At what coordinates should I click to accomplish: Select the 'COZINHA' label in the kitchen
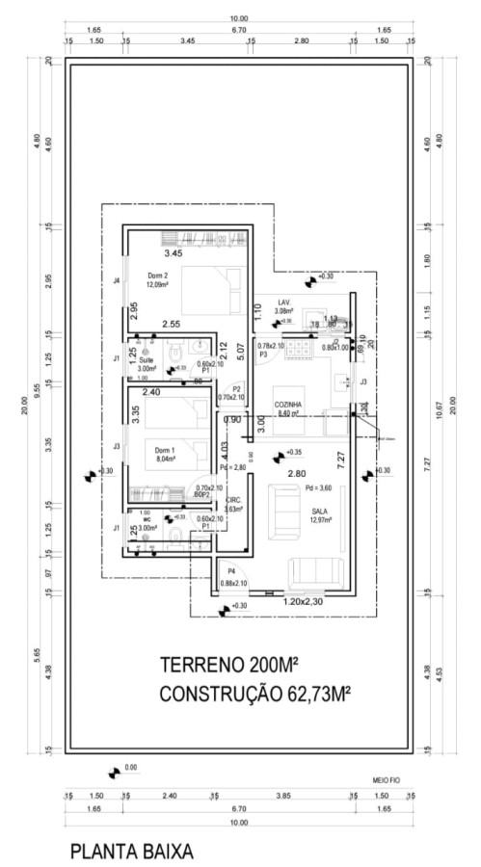pyautogui.click(x=287, y=405)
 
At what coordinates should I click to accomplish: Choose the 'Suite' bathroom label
pyautogui.click(x=146, y=359)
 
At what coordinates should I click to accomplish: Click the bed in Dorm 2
pyautogui.click(x=211, y=288)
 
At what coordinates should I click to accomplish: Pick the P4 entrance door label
pyautogui.click(x=231, y=571)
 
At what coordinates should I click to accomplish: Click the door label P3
pyautogui.click(x=262, y=355)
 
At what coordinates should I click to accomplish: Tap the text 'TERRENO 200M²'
pyautogui.click(x=227, y=666)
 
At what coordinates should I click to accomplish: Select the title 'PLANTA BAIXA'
pyautogui.click(x=131, y=852)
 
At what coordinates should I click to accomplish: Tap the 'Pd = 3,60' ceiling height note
pyautogui.click(x=317, y=487)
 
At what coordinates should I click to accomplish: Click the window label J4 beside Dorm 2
pyautogui.click(x=116, y=281)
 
